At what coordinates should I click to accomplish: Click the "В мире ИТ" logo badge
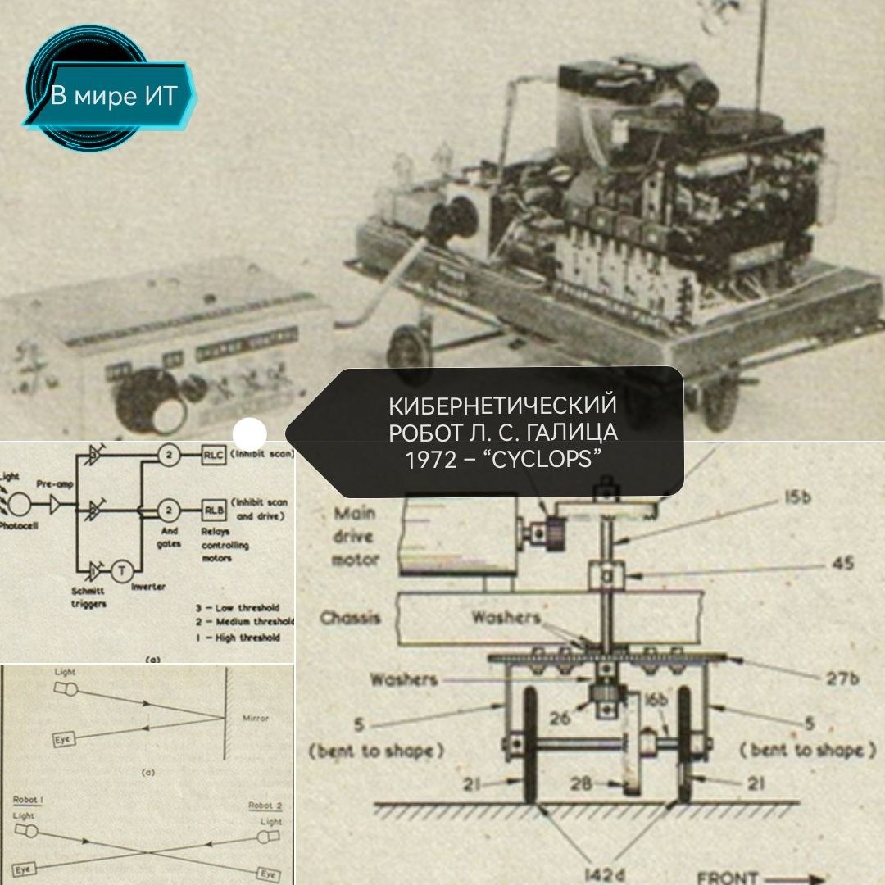pyautogui.click(x=111, y=95)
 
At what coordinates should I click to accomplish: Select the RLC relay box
pyautogui.click(x=213, y=456)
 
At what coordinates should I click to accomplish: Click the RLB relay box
pyautogui.click(x=213, y=510)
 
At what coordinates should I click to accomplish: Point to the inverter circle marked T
pyautogui.click(x=121, y=570)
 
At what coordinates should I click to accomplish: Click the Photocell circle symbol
pyautogui.click(x=20, y=501)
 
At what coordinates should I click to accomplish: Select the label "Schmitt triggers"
pyautogui.click(x=88, y=597)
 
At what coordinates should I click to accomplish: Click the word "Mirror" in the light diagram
pyautogui.click(x=256, y=718)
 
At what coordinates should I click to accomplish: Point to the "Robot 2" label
pyautogui.click(x=265, y=806)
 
